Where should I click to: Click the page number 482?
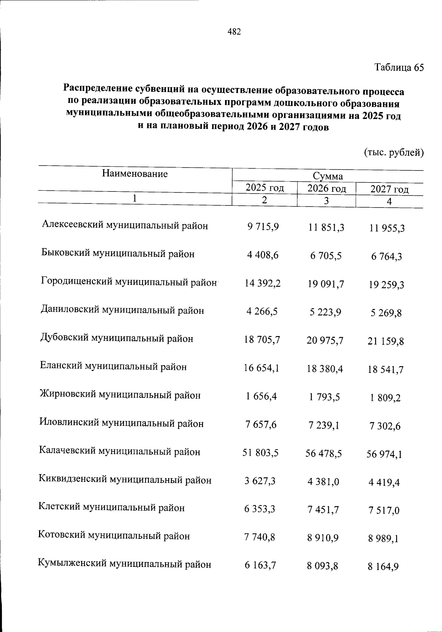click(x=234, y=32)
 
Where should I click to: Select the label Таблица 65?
click(x=399, y=68)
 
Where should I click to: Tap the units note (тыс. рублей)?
click(x=394, y=152)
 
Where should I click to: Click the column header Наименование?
click(x=135, y=174)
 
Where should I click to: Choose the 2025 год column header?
click(x=264, y=188)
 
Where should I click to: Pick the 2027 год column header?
click(x=389, y=190)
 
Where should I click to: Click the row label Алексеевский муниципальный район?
click(x=124, y=225)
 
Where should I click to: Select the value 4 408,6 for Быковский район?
click(x=263, y=254)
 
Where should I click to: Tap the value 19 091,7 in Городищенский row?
click(x=325, y=284)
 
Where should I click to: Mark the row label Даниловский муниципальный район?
click(x=122, y=310)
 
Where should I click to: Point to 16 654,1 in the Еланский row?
click(x=261, y=368)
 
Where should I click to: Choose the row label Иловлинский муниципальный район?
click(x=121, y=424)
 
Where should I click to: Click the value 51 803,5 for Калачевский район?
click(x=260, y=453)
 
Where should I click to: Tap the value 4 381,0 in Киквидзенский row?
click(x=323, y=482)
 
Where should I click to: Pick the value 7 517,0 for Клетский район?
click(x=383, y=511)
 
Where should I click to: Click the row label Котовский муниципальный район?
click(x=114, y=536)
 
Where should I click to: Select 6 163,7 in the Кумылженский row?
click(x=260, y=565)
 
